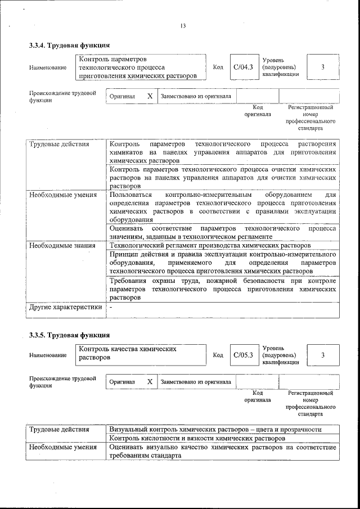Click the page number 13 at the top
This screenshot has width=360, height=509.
click(183, 26)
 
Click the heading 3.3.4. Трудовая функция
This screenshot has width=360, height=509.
click(69, 46)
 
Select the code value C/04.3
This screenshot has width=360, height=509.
click(244, 67)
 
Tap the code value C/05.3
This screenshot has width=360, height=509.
click(244, 355)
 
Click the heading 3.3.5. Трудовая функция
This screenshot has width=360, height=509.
click(69, 336)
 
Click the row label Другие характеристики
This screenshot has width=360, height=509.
click(65, 307)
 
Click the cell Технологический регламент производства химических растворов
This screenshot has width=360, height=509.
click(210, 246)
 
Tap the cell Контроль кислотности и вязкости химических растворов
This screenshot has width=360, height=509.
click(197, 438)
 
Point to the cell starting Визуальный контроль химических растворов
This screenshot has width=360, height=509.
click(215, 429)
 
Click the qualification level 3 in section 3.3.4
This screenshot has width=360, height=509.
click(323, 67)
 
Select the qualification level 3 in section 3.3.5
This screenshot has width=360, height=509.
click(323, 355)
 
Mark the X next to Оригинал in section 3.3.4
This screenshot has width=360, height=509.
click(150, 96)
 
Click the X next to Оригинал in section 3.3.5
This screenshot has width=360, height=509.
click(150, 382)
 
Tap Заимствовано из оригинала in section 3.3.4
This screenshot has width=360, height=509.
click(196, 96)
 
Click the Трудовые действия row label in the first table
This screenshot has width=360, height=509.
click(59, 144)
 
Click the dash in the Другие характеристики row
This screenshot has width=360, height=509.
click(111, 308)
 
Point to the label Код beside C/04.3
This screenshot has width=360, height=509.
click(218, 67)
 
